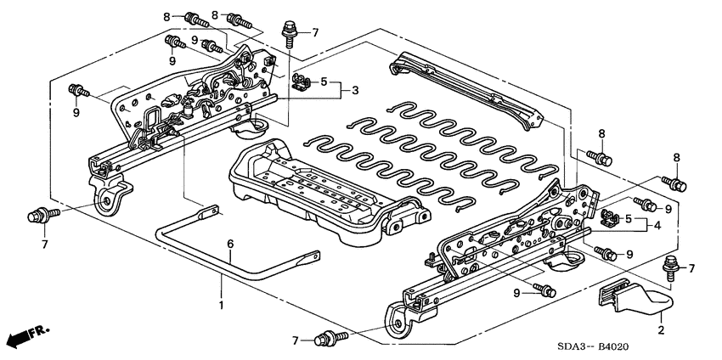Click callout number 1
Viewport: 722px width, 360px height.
222,304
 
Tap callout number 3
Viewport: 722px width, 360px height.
356,89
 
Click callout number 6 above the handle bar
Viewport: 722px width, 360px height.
229,245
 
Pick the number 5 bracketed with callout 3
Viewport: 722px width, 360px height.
323,82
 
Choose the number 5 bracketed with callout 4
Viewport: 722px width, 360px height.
629,218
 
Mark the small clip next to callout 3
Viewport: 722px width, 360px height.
299,82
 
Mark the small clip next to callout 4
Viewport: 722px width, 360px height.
608,218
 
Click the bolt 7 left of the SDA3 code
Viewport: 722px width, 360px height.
325,340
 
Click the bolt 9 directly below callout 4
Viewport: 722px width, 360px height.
606,252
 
